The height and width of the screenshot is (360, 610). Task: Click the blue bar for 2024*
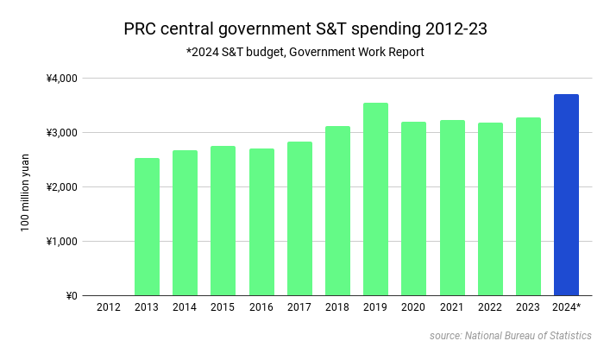point(566,195)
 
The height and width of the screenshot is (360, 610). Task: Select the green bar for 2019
point(375,199)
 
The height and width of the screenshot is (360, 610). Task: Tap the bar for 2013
point(147,227)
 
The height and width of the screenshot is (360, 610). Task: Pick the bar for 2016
point(261,222)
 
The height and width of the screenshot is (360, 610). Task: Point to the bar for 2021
point(452,208)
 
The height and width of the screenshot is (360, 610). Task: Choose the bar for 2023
point(528,206)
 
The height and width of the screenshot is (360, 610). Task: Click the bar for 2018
point(337,211)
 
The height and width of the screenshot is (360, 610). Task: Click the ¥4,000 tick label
point(62,79)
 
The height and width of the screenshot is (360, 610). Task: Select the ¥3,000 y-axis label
point(62,133)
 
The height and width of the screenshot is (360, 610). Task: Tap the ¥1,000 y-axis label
point(62,242)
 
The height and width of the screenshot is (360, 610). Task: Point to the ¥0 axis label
point(71,296)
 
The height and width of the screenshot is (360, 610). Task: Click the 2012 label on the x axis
point(109,307)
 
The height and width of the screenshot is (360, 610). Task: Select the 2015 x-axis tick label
point(223,307)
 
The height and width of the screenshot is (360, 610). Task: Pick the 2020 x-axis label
point(414,307)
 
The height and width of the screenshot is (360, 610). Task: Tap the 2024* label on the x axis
point(567,307)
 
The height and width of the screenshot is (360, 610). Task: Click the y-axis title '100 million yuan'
point(27,186)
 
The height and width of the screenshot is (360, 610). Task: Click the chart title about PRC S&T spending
point(305,29)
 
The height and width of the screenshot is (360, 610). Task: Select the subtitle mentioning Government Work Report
point(305,53)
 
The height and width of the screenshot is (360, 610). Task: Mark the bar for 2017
point(299,218)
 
